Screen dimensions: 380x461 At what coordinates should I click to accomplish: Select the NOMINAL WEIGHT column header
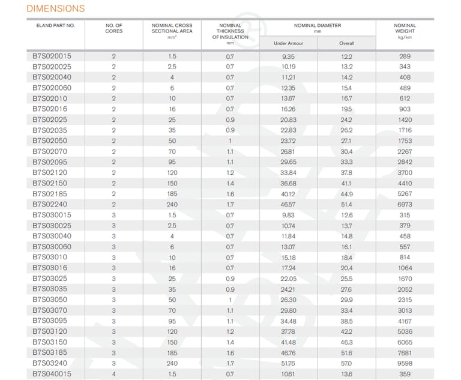(x=405, y=28)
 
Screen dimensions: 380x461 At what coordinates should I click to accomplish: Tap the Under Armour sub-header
(x=288, y=43)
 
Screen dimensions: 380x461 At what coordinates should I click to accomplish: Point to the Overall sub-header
(x=346, y=43)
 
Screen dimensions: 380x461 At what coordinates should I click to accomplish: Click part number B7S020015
(x=52, y=56)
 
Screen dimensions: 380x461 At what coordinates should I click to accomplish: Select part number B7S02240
(x=50, y=205)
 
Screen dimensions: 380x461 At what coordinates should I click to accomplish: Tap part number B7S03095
(x=50, y=321)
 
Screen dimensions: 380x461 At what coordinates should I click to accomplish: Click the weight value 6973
(x=405, y=205)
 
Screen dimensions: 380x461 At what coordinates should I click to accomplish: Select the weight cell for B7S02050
(x=405, y=141)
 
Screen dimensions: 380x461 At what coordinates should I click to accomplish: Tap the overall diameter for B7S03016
(x=346, y=268)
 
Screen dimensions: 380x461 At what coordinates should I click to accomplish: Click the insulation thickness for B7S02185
(x=230, y=194)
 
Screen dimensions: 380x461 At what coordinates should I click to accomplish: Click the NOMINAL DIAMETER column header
(x=317, y=26)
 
